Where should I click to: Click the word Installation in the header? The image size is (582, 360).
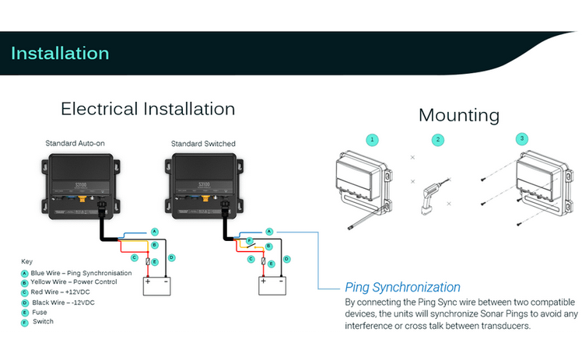[x=60, y=54]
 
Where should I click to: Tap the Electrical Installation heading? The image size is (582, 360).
[x=148, y=108]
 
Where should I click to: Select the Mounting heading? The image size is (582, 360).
[x=458, y=115]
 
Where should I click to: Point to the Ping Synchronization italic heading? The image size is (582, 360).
[x=402, y=287]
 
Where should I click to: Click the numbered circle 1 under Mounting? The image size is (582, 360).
[x=373, y=140]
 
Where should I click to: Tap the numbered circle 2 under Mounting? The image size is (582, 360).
[x=438, y=140]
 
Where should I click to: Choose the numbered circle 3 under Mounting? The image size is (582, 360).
[x=521, y=140]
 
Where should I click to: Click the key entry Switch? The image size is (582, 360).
[x=43, y=321]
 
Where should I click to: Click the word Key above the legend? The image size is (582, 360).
[x=26, y=261]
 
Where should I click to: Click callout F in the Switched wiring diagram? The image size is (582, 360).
[x=249, y=241]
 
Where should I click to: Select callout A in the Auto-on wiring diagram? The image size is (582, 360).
[x=154, y=232]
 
